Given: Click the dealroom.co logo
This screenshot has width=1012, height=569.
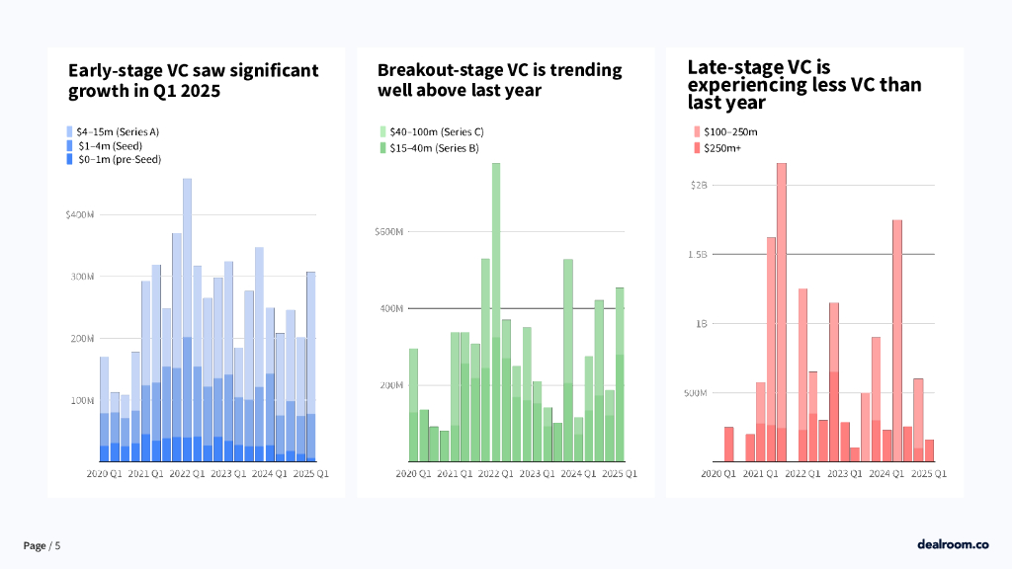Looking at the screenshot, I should [952, 544].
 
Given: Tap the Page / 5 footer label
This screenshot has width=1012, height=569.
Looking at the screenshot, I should [42, 546].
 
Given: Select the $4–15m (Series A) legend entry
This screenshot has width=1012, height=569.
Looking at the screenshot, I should [111, 131].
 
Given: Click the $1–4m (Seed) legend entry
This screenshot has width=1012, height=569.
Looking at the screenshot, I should [103, 145].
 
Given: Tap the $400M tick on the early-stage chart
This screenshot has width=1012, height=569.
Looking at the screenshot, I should [80, 214].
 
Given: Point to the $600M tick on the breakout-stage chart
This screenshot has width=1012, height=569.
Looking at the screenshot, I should [388, 232].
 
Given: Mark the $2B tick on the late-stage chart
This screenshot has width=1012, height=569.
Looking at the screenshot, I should [698, 185].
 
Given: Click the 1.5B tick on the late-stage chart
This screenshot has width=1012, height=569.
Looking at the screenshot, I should [698, 254].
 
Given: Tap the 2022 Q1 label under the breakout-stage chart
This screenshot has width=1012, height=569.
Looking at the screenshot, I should [494, 474].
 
